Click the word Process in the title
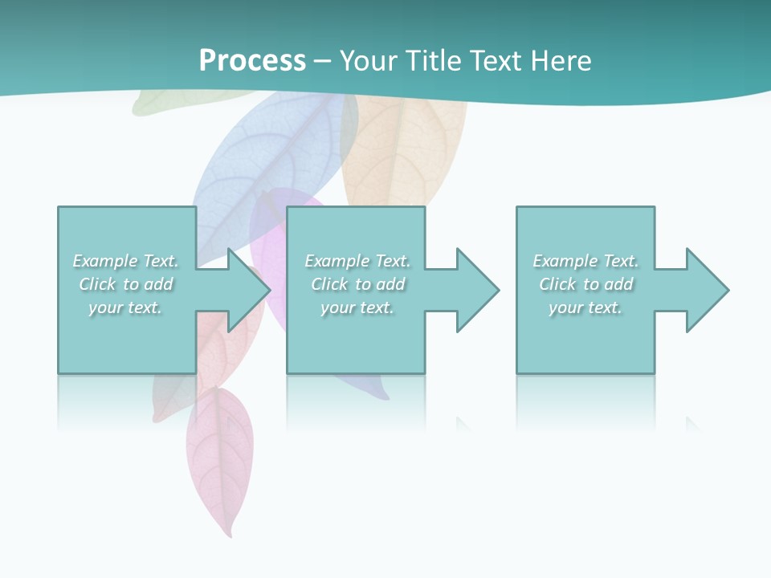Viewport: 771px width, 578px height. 252,61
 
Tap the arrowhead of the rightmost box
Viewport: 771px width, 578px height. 710,290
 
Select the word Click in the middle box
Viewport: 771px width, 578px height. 329,284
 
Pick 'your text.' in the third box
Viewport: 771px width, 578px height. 585,307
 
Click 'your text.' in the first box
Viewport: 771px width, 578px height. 125,307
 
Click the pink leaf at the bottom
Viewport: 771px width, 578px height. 219,458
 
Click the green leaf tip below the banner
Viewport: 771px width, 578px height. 153,103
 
